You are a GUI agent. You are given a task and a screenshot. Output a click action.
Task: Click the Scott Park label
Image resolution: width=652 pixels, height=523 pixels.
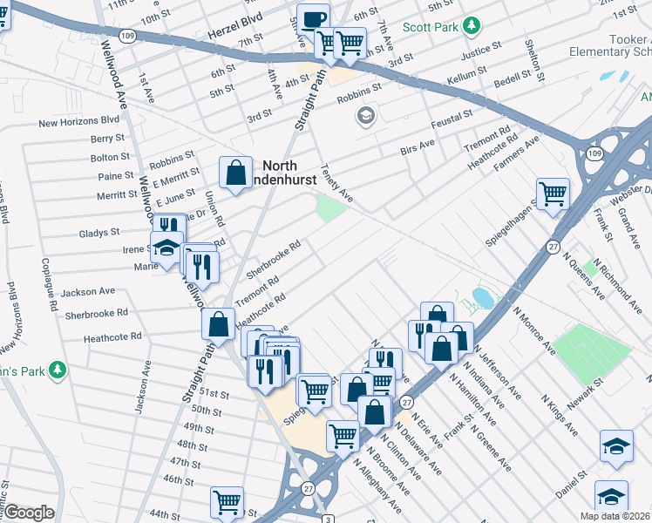click(x=431, y=27)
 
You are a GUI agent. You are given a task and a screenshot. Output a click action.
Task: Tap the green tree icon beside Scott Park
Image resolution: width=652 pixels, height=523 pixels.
click(x=472, y=26)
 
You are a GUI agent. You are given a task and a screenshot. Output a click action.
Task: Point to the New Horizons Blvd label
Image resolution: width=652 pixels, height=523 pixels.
click(x=78, y=121)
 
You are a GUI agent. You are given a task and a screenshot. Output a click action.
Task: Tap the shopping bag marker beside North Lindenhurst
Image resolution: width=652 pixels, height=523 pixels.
click(x=235, y=173)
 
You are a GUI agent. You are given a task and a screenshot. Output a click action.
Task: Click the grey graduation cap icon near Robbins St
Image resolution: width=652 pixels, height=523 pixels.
click(x=364, y=115)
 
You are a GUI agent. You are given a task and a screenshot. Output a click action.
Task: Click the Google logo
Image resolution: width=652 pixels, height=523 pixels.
click(x=29, y=513)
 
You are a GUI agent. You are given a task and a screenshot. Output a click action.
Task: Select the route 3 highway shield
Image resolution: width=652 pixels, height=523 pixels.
click(x=324, y=519)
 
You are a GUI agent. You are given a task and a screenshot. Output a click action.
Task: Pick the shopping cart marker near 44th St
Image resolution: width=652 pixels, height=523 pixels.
click(x=227, y=501)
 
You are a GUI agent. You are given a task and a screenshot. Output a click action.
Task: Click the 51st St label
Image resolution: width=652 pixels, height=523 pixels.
click(x=213, y=394)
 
